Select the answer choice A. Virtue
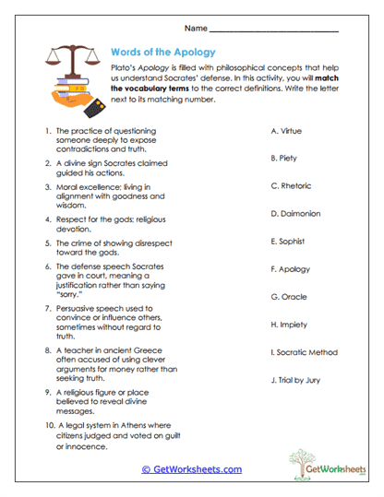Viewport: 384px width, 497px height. click(288, 131)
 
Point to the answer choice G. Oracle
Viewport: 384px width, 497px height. click(287, 297)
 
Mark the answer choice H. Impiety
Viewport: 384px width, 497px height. click(288, 325)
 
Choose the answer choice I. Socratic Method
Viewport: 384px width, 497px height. click(304, 352)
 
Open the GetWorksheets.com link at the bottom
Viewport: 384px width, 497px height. click(192, 468)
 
